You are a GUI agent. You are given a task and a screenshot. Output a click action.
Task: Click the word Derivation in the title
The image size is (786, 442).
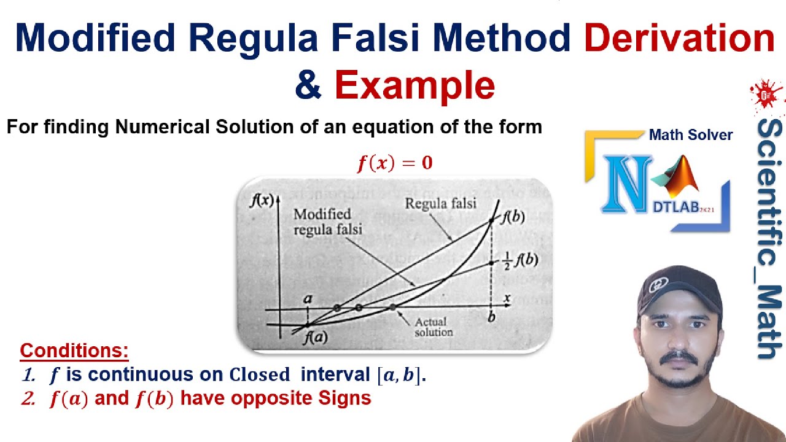(x=679, y=39)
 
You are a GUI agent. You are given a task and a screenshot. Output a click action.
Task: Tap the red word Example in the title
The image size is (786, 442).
(x=414, y=85)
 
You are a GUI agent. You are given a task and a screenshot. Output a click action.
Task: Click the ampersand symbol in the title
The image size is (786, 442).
(x=308, y=85)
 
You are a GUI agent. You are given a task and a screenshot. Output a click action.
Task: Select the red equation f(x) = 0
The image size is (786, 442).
(x=395, y=163)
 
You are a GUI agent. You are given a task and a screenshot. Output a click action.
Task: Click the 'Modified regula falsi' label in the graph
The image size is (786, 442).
(x=327, y=222)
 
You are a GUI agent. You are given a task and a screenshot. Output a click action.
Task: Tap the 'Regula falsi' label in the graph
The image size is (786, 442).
(x=440, y=204)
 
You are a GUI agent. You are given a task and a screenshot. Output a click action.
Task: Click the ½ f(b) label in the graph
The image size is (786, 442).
(x=518, y=260)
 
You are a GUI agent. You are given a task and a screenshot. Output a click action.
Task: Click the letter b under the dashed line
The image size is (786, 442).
(x=491, y=318)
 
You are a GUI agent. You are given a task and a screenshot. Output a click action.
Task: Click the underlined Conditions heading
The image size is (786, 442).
(x=74, y=351)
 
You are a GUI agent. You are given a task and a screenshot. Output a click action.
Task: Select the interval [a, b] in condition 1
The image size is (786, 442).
(x=400, y=375)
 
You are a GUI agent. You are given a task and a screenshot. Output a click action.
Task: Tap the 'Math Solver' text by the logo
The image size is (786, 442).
(x=690, y=135)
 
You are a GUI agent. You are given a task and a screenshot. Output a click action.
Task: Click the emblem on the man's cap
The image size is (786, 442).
(x=660, y=285)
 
